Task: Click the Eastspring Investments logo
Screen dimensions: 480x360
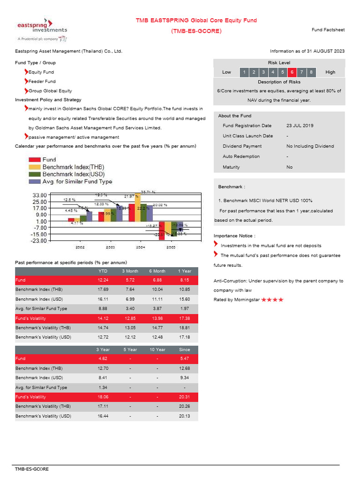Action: pyautogui.click(x=41, y=30)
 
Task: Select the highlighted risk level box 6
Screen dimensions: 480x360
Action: pyautogui.click(x=292, y=72)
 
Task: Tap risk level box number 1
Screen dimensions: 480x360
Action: pyautogui.click(x=244, y=72)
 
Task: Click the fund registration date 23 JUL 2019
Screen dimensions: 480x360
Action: pyautogui.click(x=300, y=126)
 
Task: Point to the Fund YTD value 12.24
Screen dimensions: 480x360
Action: pyautogui.click(x=103, y=280)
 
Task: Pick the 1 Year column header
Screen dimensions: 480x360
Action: pyautogui.click(x=185, y=271)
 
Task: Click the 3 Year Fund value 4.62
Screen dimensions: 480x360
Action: pyautogui.click(x=103, y=359)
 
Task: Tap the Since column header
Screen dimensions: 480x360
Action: pyautogui.click(x=185, y=350)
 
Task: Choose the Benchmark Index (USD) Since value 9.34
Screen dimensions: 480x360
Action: pyautogui.click(x=185, y=377)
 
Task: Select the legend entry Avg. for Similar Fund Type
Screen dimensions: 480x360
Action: pyautogui.click(x=77, y=181)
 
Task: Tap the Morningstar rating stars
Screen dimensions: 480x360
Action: pyautogui.click(x=272, y=300)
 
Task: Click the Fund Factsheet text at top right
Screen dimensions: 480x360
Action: pyautogui.click(x=328, y=30)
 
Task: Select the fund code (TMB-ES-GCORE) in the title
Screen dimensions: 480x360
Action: pyautogui.click(x=196, y=31)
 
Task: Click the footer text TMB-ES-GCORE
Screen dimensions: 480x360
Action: pyautogui.click(x=31, y=469)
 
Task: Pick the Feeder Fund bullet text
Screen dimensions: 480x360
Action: pyautogui.click(x=42, y=82)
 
